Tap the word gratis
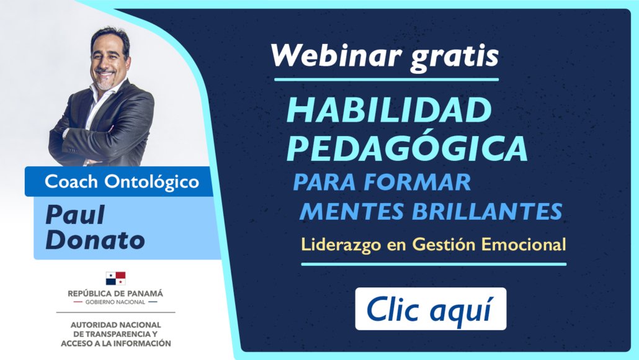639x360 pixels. (454, 58)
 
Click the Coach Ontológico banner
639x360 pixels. (119, 181)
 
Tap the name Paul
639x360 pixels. (75, 215)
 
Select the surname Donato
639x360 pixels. (96, 240)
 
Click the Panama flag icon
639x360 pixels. (116, 279)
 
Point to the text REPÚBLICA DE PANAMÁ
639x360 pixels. (115, 293)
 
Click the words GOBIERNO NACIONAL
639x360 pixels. (115, 302)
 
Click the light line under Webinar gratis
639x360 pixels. (387, 79)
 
